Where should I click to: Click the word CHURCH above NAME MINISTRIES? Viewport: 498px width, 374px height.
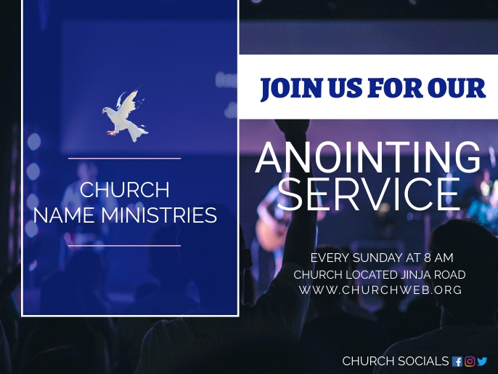pyautogui.click(x=124, y=190)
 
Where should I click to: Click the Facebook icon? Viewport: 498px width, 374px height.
pyautogui.click(x=457, y=361)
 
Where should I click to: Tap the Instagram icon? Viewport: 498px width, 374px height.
pyautogui.click(x=470, y=361)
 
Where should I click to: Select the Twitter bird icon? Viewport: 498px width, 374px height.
pyautogui.click(x=482, y=361)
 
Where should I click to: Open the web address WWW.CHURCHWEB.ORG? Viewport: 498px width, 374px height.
pyautogui.click(x=380, y=290)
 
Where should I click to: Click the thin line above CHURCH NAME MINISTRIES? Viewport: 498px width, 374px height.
pyautogui.click(x=124, y=158)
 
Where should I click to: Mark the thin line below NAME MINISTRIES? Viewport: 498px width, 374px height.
pyautogui.click(x=124, y=246)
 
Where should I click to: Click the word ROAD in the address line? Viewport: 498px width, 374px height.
pyautogui.click(x=450, y=274)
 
